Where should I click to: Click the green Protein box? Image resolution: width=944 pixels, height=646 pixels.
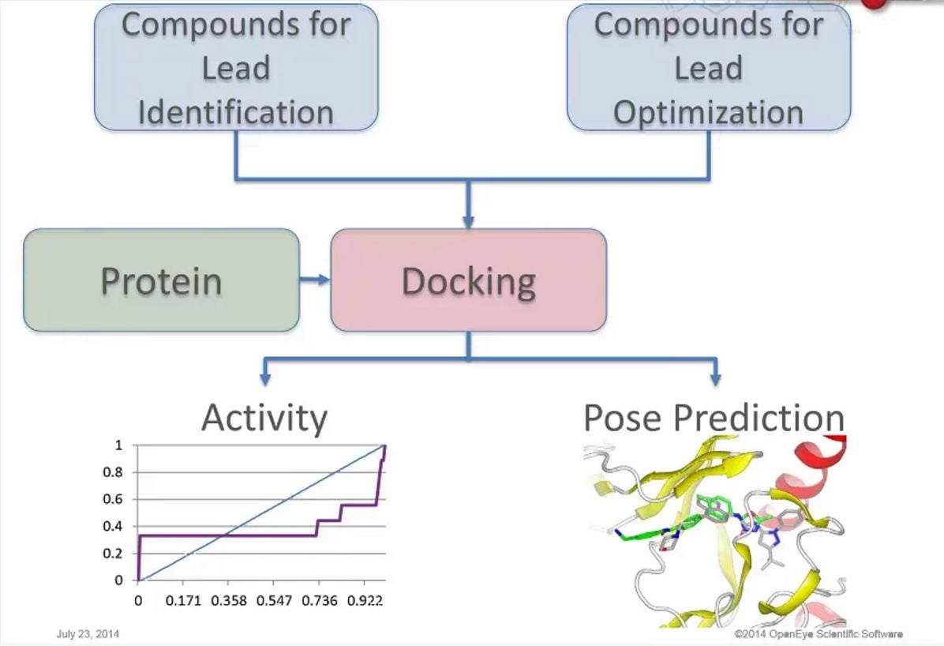[161, 280]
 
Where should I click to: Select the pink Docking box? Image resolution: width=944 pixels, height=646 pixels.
[468, 280]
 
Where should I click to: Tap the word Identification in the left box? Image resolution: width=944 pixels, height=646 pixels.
[235, 112]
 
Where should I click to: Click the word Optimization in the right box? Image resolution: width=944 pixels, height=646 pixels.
[708, 112]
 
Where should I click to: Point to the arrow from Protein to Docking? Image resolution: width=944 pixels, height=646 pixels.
[315, 280]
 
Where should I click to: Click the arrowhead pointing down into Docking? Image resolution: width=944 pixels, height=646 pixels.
[468, 221]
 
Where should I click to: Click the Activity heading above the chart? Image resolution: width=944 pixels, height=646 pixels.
[264, 417]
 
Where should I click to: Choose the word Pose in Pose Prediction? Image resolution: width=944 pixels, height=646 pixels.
[623, 418]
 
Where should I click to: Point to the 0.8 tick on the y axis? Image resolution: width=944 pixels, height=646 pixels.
[114, 472]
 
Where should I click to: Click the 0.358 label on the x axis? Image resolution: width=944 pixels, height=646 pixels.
[230, 601]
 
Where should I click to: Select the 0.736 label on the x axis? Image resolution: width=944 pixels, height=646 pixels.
[320, 601]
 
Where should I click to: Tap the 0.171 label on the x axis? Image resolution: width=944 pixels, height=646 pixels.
[185, 601]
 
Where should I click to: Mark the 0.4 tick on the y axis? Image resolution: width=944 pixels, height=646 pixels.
[114, 526]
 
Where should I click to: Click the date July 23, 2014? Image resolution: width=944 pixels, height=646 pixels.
[88, 634]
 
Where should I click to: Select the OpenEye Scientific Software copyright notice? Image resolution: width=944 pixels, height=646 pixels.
[818, 634]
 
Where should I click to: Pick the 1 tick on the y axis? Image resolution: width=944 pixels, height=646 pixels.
[118, 445]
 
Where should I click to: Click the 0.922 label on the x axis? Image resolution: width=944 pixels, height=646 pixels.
[365, 601]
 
